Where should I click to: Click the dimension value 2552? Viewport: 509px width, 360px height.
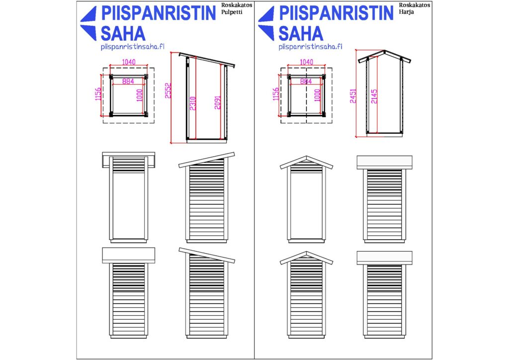(x=168, y=90)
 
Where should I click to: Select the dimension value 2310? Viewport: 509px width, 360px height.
(x=193, y=103)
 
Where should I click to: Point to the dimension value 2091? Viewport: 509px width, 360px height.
(x=218, y=102)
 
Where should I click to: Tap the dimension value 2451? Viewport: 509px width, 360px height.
(x=353, y=96)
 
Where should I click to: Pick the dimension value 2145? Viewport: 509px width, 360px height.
(x=374, y=96)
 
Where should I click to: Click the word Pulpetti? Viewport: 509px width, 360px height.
(x=232, y=12)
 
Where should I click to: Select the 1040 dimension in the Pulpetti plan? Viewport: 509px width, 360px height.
(x=129, y=62)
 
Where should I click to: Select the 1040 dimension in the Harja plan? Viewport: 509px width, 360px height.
(x=306, y=62)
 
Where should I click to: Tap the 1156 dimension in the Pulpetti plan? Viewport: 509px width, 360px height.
(x=98, y=94)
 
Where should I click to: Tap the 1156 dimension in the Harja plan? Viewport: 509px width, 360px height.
(x=275, y=94)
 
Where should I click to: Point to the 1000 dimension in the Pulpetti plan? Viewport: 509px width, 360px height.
(x=140, y=95)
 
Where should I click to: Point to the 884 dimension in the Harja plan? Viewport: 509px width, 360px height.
(x=306, y=81)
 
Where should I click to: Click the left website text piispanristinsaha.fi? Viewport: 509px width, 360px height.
(x=132, y=47)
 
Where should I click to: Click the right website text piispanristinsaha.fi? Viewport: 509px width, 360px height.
(x=310, y=47)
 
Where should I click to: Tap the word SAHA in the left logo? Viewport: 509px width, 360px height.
(x=123, y=33)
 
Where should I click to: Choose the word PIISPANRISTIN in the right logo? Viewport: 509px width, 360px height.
(x=337, y=13)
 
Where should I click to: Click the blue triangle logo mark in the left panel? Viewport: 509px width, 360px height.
(x=88, y=23)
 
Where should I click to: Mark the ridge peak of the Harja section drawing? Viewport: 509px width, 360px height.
(x=384, y=51)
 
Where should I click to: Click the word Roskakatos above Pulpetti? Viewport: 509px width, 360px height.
(x=237, y=5)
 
